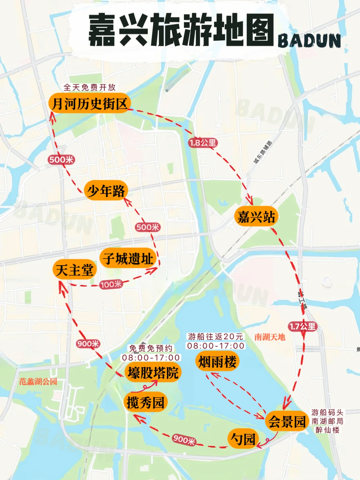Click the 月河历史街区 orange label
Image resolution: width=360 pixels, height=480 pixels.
point(89,103)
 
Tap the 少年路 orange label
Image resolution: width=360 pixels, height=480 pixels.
point(106,191)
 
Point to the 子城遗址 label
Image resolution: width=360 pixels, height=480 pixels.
point(128,259)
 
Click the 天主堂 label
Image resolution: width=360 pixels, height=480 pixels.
point(75,270)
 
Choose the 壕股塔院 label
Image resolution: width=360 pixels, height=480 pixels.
point(153,373)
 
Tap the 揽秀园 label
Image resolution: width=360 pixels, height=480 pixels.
point(145,402)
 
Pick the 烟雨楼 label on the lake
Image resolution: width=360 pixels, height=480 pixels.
point(217,362)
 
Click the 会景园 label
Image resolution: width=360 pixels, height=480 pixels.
point(287,421)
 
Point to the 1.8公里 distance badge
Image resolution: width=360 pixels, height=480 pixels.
point(203,143)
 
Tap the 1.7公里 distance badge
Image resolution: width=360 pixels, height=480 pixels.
point(302,326)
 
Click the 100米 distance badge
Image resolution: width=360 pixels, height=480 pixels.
point(111,284)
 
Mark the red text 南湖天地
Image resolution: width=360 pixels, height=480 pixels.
point(270,337)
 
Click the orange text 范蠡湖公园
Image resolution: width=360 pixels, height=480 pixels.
point(38,382)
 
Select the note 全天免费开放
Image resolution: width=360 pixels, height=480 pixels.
point(89,87)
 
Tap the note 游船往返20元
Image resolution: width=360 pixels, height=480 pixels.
point(216,336)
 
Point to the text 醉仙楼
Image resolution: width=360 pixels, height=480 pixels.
point(327,430)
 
